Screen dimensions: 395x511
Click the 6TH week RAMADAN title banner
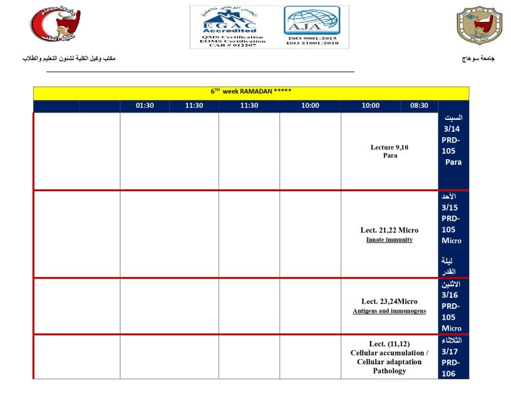coord(251,92)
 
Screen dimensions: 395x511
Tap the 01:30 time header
coord(144,106)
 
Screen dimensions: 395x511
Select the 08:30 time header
coord(419,106)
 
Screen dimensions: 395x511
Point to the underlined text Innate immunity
coord(389,240)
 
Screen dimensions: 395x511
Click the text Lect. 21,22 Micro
coord(389,230)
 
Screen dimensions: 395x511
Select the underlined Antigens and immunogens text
coord(389,311)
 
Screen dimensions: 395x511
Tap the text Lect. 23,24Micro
coord(389,301)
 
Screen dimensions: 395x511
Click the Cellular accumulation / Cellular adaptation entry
coord(389,357)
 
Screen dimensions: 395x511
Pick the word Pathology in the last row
coord(389,371)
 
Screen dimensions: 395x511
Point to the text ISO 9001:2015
coord(311,39)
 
